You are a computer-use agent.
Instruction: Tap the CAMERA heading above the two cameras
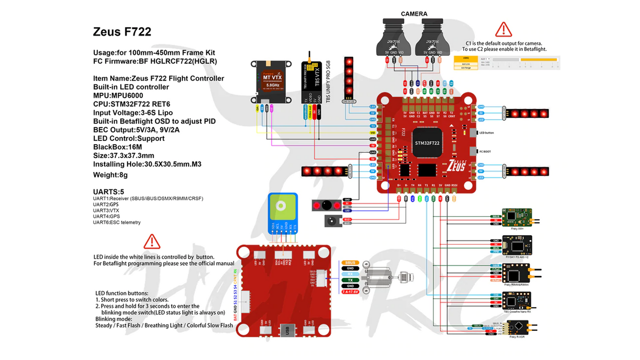pos(414,14)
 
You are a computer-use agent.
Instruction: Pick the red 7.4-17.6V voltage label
pos(350,292)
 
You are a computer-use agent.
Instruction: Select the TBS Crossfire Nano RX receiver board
pos(517,302)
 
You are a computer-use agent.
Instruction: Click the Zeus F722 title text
pos(122,32)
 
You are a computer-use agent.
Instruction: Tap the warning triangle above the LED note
pos(152,242)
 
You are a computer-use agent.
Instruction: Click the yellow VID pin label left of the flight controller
pos(372,132)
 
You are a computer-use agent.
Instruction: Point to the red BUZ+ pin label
pos(348,219)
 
